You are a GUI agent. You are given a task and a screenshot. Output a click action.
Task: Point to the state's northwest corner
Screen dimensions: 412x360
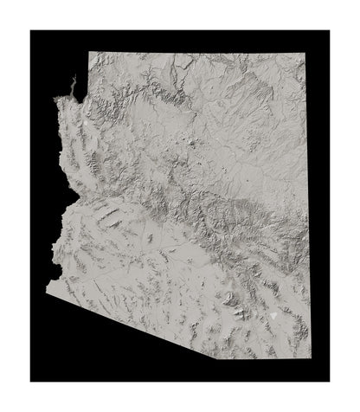(88, 50)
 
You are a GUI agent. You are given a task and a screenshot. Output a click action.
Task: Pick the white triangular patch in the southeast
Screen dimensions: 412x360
(275, 317)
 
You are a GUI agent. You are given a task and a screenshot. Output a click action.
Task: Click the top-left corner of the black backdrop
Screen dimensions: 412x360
(30, 30)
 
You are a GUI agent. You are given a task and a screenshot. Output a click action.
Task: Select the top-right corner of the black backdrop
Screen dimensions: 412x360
(329, 30)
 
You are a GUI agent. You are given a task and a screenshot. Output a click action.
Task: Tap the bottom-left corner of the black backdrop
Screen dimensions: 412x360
(30, 381)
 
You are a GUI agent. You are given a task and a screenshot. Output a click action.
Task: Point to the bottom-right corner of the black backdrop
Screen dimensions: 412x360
(329, 381)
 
